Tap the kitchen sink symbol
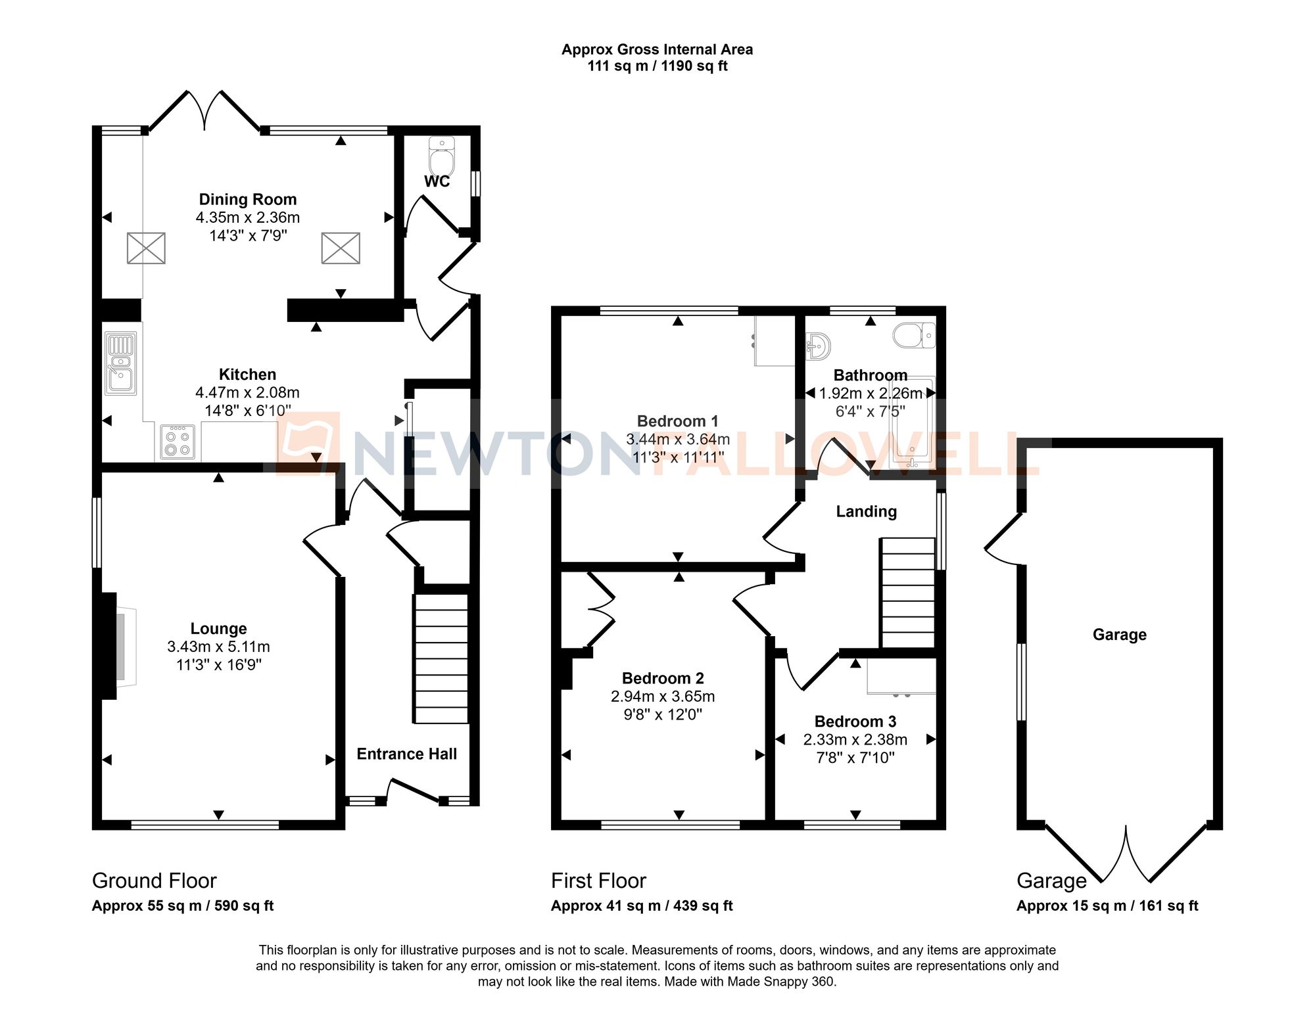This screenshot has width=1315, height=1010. [121, 363]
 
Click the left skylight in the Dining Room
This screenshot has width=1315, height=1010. [146, 248]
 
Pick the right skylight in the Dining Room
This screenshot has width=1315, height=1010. [341, 248]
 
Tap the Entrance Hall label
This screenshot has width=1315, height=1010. [406, 754]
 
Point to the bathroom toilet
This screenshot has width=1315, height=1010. [913, 335]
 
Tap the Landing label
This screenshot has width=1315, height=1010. [866, 511]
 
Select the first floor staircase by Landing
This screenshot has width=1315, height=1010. [908, 593]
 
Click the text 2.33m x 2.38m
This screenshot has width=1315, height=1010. [855, 739]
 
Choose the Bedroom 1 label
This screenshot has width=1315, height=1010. [677, 421]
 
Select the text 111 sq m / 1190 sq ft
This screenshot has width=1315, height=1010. [657, 66]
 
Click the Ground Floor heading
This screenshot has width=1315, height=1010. [154, 881]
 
